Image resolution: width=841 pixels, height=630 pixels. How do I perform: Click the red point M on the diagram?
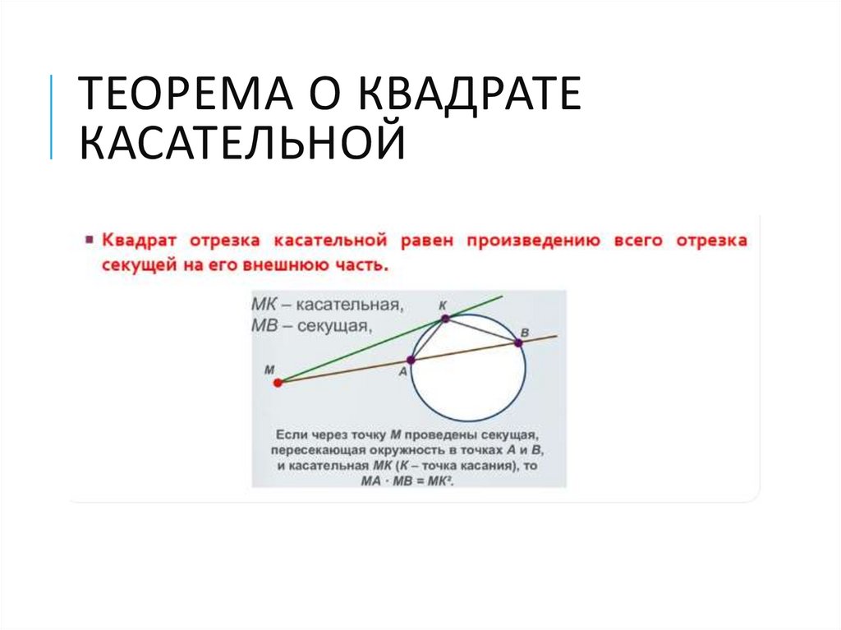pyautogui.click(x=278, y=382)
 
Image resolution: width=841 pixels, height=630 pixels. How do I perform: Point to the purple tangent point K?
pyautogui.click(x=444, y=318)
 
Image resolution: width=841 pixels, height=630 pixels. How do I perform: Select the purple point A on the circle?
pyautogui.click(x=411, y=360)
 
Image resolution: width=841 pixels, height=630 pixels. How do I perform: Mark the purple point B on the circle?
pyautogui.click(x=518, y=343)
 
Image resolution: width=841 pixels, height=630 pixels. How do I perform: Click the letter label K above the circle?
pyautogui.click(x=443, y=303)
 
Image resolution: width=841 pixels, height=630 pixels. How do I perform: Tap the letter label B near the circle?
pyautogui.click(x=525, y=330)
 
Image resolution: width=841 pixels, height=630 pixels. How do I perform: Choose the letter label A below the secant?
pyautogui.click(x=403, y=372)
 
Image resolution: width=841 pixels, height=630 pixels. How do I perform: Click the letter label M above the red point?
pyautogui.click(x=269, y=370)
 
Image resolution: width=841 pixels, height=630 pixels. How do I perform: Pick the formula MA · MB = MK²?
pyautogui.click(x=408, y=481)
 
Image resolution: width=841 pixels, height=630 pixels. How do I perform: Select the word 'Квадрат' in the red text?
pyautogui.click(x=139, y=241)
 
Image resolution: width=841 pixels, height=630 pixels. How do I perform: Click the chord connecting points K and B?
pyautogui.click(x=481, y=330)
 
